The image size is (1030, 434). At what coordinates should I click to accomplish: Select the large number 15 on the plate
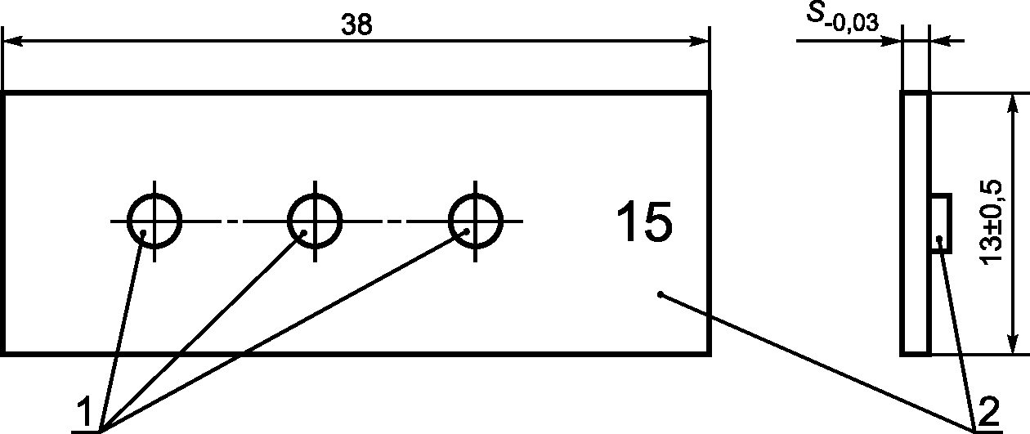[x=646, y=222]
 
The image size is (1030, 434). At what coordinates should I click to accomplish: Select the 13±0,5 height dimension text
[x=998, y=223]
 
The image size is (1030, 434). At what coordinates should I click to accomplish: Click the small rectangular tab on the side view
[x=941, y=223]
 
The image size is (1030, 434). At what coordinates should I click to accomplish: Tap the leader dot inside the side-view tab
[x=941, y=239]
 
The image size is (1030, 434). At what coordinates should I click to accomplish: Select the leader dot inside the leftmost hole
[x=144, y=233]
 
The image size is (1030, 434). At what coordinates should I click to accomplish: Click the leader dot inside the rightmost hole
[x=467, y=231]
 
